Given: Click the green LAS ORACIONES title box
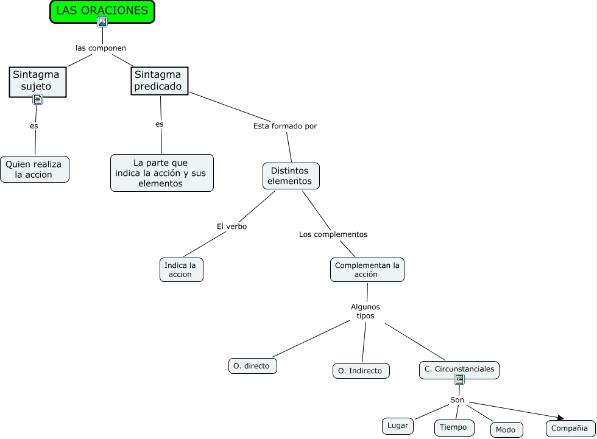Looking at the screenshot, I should click(x=102, y=10).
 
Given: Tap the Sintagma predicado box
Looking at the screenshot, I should click(x=160, y=80).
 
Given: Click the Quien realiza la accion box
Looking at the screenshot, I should click(x=35, y=169).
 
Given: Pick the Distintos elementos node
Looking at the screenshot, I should click(x=291, y=175).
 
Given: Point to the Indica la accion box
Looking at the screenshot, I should click(x=182, y=270).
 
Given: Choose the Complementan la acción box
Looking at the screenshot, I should click(x=367, y=270).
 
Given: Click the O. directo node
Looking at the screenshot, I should click(x=253, y=366).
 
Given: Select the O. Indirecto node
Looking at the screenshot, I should click(x=361, y=370).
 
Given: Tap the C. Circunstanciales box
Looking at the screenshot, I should click(x=459, y=368).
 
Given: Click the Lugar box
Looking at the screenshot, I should click(x=398, y=426).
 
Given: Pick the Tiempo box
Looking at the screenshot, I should click(x=454, y=427).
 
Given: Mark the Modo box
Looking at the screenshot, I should click(x=506, y=429).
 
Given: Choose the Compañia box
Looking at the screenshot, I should click(x=570, y=429).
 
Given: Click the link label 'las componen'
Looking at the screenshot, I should click(x=101, y=47).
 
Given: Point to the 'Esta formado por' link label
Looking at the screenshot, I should click(x=285, y=126).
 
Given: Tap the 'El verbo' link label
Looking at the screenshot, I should click(x=231, y=227).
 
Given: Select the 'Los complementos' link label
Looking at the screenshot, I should click(x=333, y=234).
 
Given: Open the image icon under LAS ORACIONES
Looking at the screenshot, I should click(x=102, y=23).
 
